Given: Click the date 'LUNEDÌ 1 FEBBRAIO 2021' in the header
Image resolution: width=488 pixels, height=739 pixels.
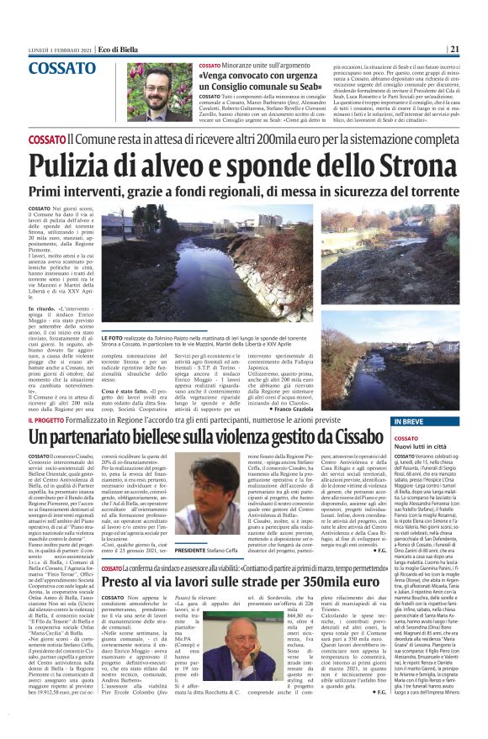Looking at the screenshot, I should click(58, 48).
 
